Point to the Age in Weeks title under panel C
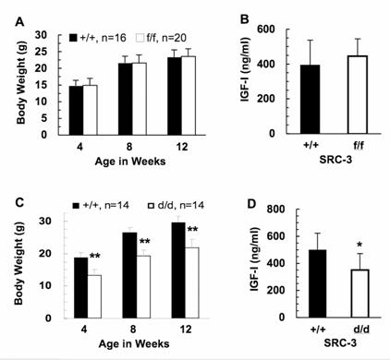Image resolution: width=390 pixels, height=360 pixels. [128, 346]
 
